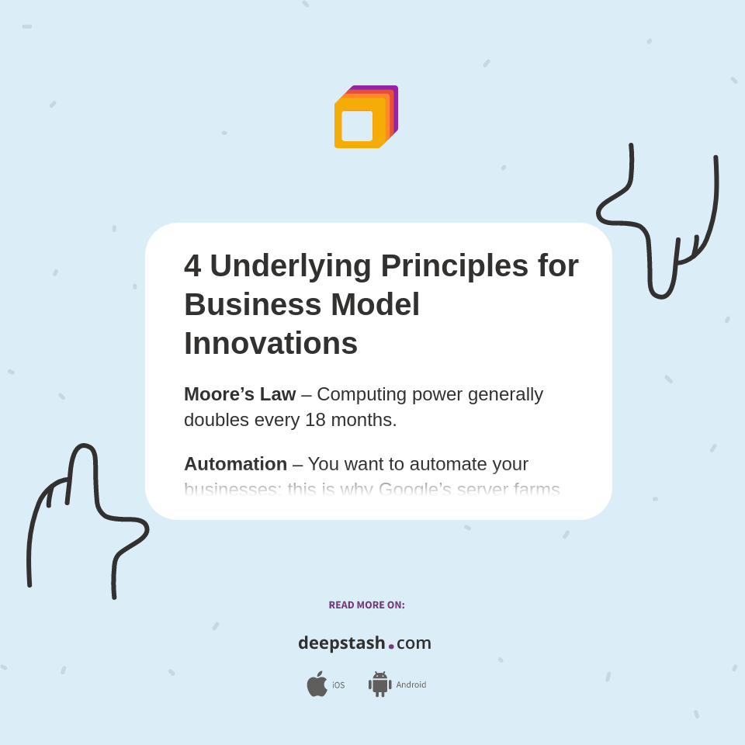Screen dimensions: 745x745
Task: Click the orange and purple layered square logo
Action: click(366, 116)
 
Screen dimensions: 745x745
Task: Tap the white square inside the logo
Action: click(357, 126)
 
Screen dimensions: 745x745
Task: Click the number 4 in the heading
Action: click(192, 266)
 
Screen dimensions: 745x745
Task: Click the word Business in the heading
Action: click(252, 304)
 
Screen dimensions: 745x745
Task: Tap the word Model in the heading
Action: click(375, 304)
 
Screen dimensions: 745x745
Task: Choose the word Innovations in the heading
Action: click(271, 343)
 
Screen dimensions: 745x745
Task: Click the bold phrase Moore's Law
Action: click(240, 394)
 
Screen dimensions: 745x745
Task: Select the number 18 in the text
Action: click(315, 420)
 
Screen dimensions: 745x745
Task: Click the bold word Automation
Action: click(235, 464)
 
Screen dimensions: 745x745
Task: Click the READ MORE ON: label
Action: click(366, 605)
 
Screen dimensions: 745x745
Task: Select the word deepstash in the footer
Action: click(341, 643)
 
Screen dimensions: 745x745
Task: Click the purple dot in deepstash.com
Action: click(391, 646)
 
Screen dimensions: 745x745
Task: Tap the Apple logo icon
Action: click(317, 684)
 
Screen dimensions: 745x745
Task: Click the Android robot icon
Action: click(379, 684)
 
